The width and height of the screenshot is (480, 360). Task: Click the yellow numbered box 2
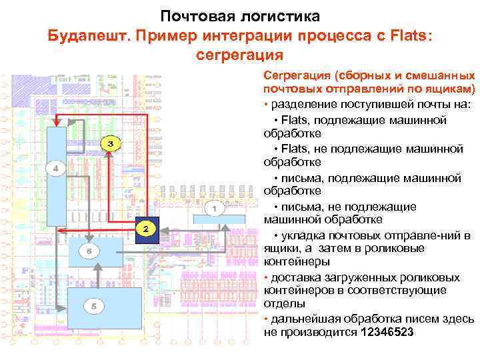point(145,228)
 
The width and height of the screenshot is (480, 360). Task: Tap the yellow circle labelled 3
point(111,144)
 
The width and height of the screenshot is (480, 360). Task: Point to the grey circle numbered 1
point(214,209)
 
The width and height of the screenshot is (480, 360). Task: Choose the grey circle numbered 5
point(94,306)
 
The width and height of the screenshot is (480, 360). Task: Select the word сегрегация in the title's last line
point(240,55)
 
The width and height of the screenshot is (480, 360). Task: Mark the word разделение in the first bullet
point(302,105)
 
